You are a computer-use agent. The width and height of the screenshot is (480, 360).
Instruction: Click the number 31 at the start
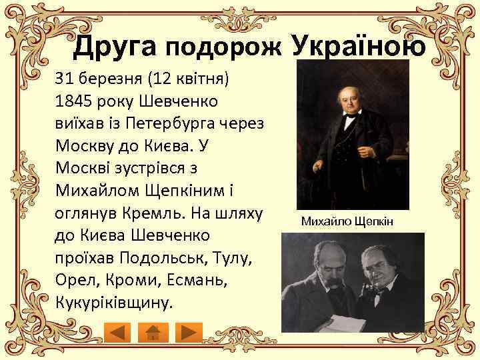[x=64, y=80]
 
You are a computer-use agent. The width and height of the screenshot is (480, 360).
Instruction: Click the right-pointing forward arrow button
[x=191, y=331]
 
